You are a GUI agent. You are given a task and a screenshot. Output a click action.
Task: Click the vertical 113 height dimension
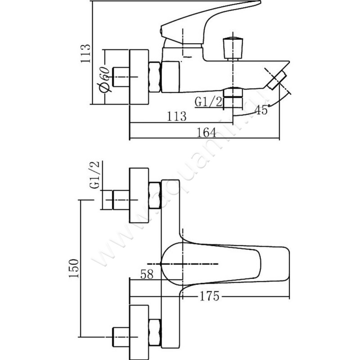(x=86, y=53)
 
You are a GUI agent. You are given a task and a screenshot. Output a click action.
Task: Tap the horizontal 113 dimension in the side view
(x=176, y=116)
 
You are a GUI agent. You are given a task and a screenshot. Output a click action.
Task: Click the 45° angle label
(x=261, y=109)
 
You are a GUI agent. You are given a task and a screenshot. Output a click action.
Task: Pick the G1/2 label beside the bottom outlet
(x=209, y=101)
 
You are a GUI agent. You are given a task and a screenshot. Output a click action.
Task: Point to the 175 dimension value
(x=210, y=296)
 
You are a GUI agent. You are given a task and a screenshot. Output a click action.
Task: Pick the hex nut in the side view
(x=154, y=77)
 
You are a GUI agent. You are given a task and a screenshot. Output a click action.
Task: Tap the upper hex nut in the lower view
(x=154, y=195)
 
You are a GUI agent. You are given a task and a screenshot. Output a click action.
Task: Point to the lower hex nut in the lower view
(x=154, y=332)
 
